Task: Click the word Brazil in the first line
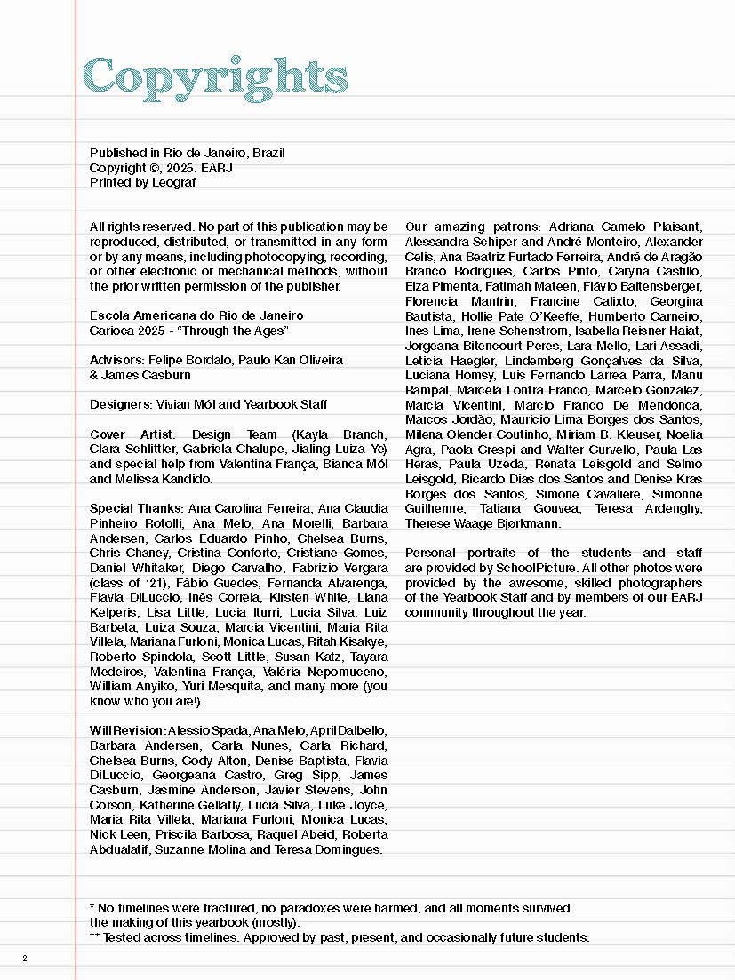click(268, 153)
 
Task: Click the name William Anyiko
click(130, 686)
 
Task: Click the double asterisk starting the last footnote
click(94, 936)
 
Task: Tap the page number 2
click(25, 958)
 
